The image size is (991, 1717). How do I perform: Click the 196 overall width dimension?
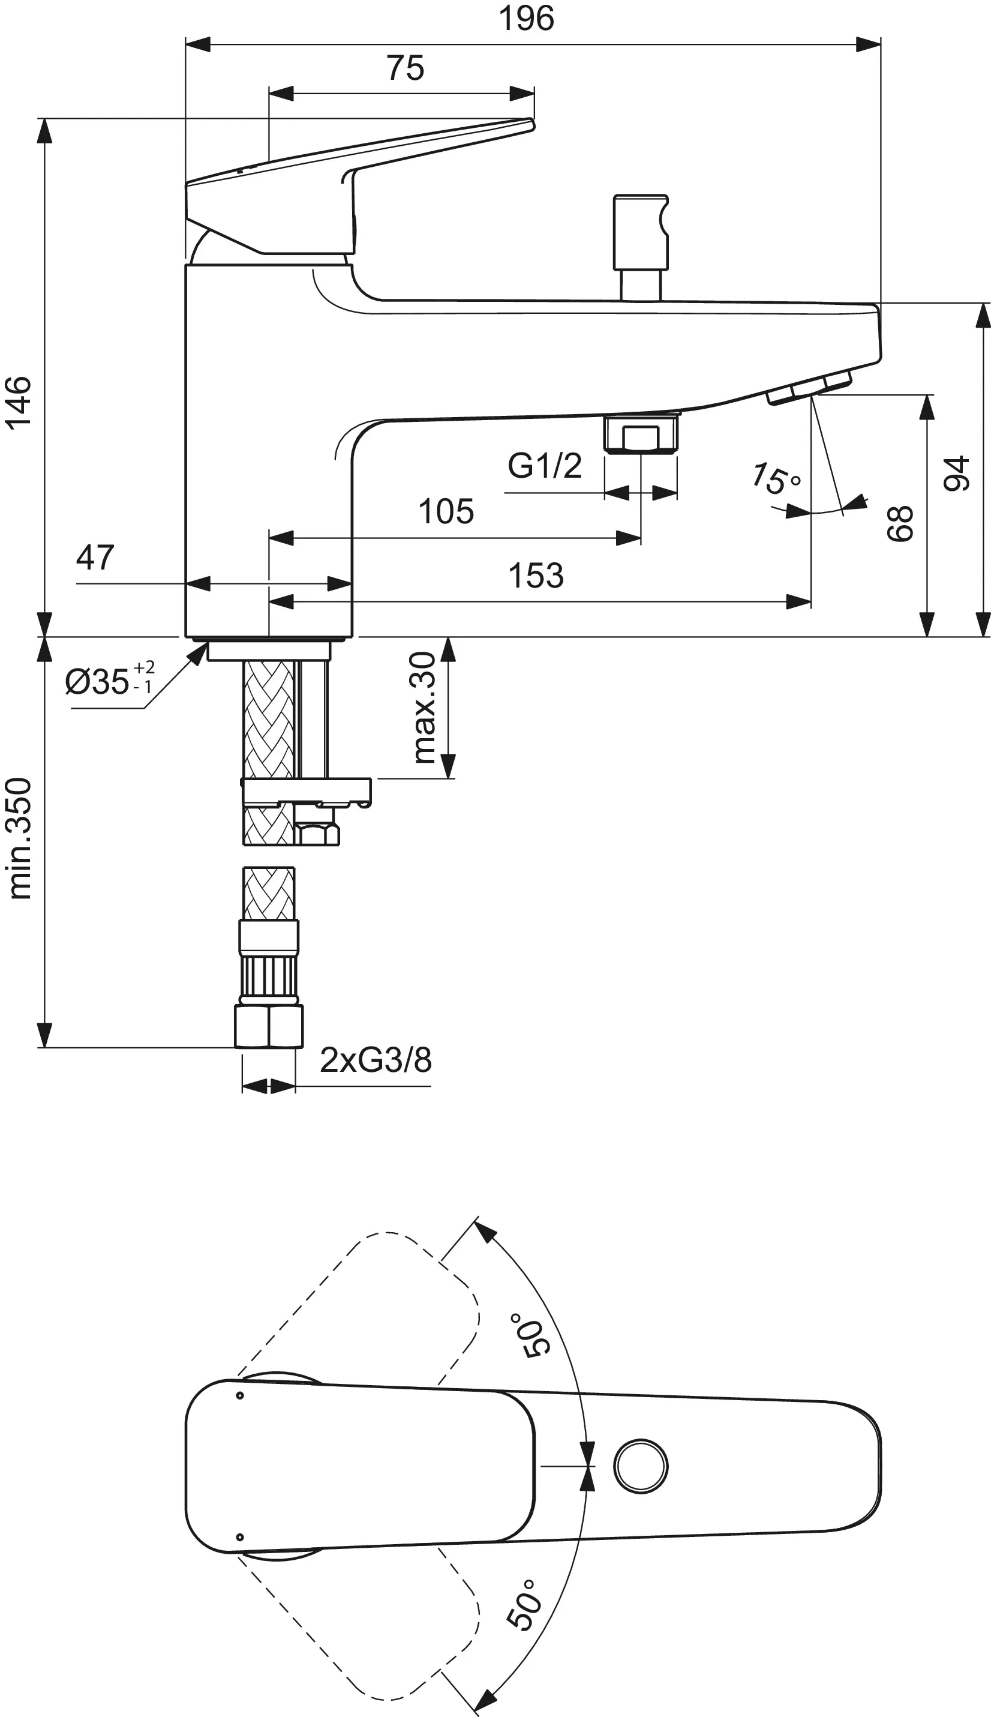[527, 19]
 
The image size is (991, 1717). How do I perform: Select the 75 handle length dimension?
[405, 68]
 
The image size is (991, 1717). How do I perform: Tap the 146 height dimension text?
[19, 401]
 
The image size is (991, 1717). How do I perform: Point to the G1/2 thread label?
[545, 466]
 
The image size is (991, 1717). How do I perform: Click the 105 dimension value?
[446, 511]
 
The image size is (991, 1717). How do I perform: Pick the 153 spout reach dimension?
[536, 576]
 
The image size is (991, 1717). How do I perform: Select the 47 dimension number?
[95, 558]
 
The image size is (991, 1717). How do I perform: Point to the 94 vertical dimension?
[956, 473]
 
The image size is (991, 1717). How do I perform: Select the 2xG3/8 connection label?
[376, 1060]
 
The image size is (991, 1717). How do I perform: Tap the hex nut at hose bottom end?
[269, 1026]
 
